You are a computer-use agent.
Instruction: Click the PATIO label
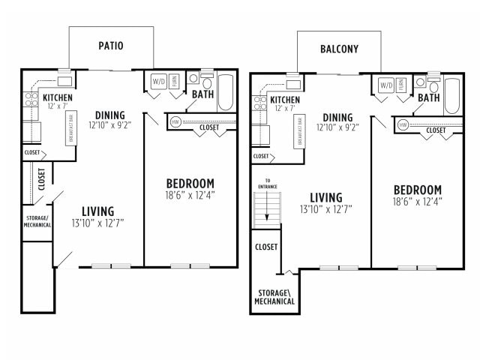click(x=111, y=46)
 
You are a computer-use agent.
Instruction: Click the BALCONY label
click(x=339, y=49)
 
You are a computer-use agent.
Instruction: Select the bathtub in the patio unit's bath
click(x=226, y=92)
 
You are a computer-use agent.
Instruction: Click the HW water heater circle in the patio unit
click(x=175, y=121)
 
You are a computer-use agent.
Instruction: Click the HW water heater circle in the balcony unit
click(x=403, y=124)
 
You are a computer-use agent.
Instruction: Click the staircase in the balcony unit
click(x=262, y=209)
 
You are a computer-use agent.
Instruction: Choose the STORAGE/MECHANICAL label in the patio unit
click(x=37, y=221)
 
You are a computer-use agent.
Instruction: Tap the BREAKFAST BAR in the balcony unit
click(x=299, y=132)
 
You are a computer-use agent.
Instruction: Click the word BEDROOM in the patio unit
click(x=190, y=183)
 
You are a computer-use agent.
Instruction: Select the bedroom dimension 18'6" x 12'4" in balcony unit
click(x=417, y=201)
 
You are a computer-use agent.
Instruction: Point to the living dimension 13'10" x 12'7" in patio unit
click(x=98, y=223)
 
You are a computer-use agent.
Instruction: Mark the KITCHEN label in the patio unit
click(x=57, y=97)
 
